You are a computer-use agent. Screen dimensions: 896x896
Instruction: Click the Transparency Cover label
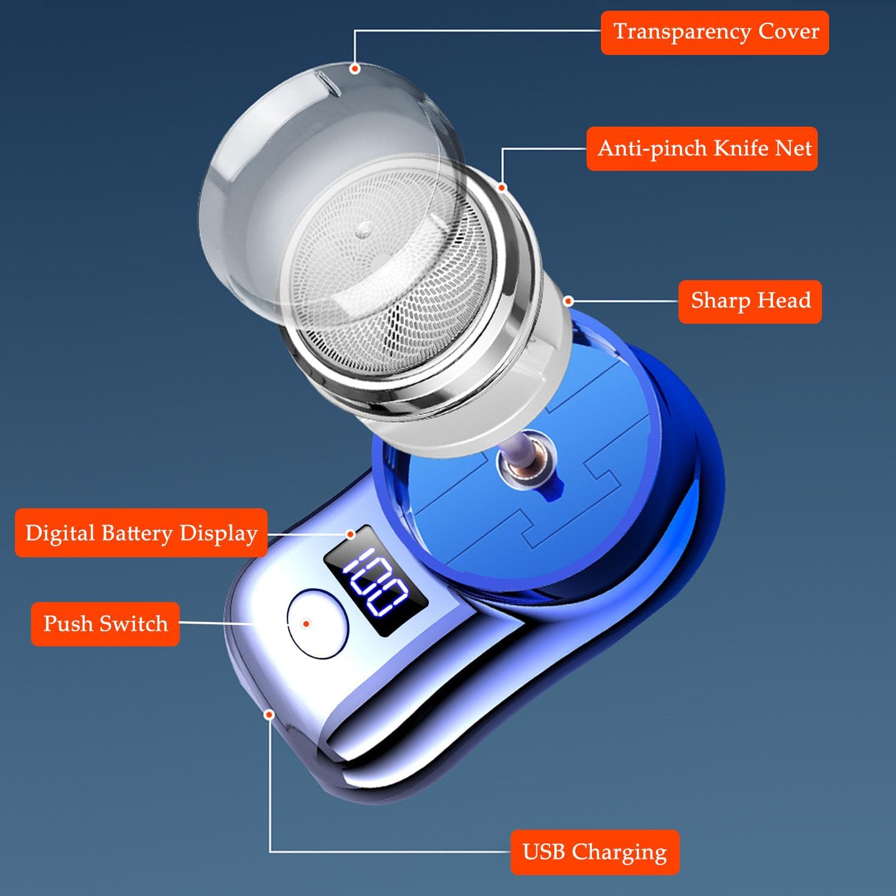coord(714,33)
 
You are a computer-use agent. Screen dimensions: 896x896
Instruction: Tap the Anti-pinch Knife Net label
coord(702,149)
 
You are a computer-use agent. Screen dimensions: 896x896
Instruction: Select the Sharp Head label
coord(750,302)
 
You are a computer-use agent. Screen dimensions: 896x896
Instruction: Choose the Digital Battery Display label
coord(141,533)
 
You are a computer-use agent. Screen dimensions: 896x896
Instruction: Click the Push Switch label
coord(105,624)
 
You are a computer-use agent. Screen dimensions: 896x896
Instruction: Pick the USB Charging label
coord(595,852)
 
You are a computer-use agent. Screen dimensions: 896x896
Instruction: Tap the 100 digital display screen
coord(376,580)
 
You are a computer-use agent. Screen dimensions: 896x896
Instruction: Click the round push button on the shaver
coord(317,624)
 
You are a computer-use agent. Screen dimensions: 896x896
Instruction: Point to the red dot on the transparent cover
coord(355,69)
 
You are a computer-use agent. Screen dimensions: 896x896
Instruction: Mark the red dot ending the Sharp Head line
coord(569,301)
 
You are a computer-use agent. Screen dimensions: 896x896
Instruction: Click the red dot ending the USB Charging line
coord(269,714)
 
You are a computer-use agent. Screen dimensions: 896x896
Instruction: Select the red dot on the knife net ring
coord(502,188)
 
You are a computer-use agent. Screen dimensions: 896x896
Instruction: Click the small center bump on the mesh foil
coord(363,231)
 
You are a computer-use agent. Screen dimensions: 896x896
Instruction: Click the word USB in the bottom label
coord(544,852)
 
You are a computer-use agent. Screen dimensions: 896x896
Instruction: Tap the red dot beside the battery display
coord(351,533)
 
